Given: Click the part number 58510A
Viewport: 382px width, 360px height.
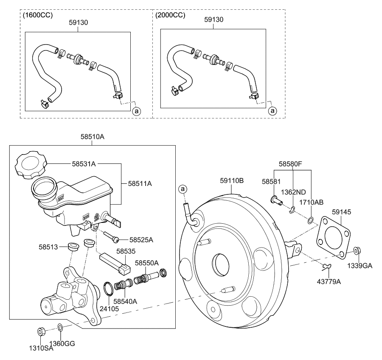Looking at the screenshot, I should [x=92, y=137].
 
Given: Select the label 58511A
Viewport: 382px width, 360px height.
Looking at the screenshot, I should [x=140, y=184].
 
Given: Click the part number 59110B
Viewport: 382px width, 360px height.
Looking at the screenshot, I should [x=232, y=180].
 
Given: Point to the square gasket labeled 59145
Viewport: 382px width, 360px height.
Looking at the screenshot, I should [x=335, y=238].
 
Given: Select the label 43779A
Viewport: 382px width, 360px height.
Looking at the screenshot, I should [x=330, y=281].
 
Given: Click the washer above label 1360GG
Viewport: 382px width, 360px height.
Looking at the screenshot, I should [x=60, y=327].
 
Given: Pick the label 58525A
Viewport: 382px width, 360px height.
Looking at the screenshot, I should [x=141, y=240].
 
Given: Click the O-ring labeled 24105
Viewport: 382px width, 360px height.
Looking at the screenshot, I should [x=109, y=289].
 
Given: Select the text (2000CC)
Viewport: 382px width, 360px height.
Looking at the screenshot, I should [x=170, y=15].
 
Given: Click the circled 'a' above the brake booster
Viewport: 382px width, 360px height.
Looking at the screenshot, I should [x=183, y=188].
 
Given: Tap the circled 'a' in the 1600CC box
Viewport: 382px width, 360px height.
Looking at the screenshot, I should [x=137, y=111].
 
